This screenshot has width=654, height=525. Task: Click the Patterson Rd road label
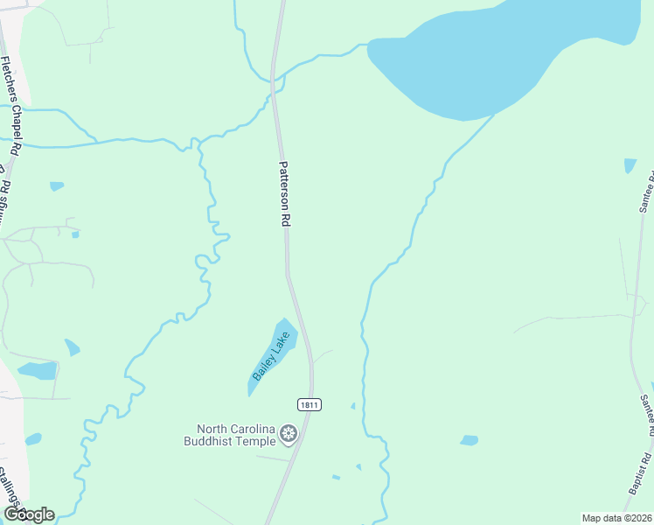click(x=284, y=194)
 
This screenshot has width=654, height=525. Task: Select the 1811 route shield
click(x=309, y=404)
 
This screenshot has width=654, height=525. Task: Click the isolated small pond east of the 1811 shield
click(x=470, y=440)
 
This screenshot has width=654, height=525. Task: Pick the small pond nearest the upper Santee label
click(x=630, y=165)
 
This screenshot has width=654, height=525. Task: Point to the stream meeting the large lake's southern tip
click(x=493, y=116)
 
